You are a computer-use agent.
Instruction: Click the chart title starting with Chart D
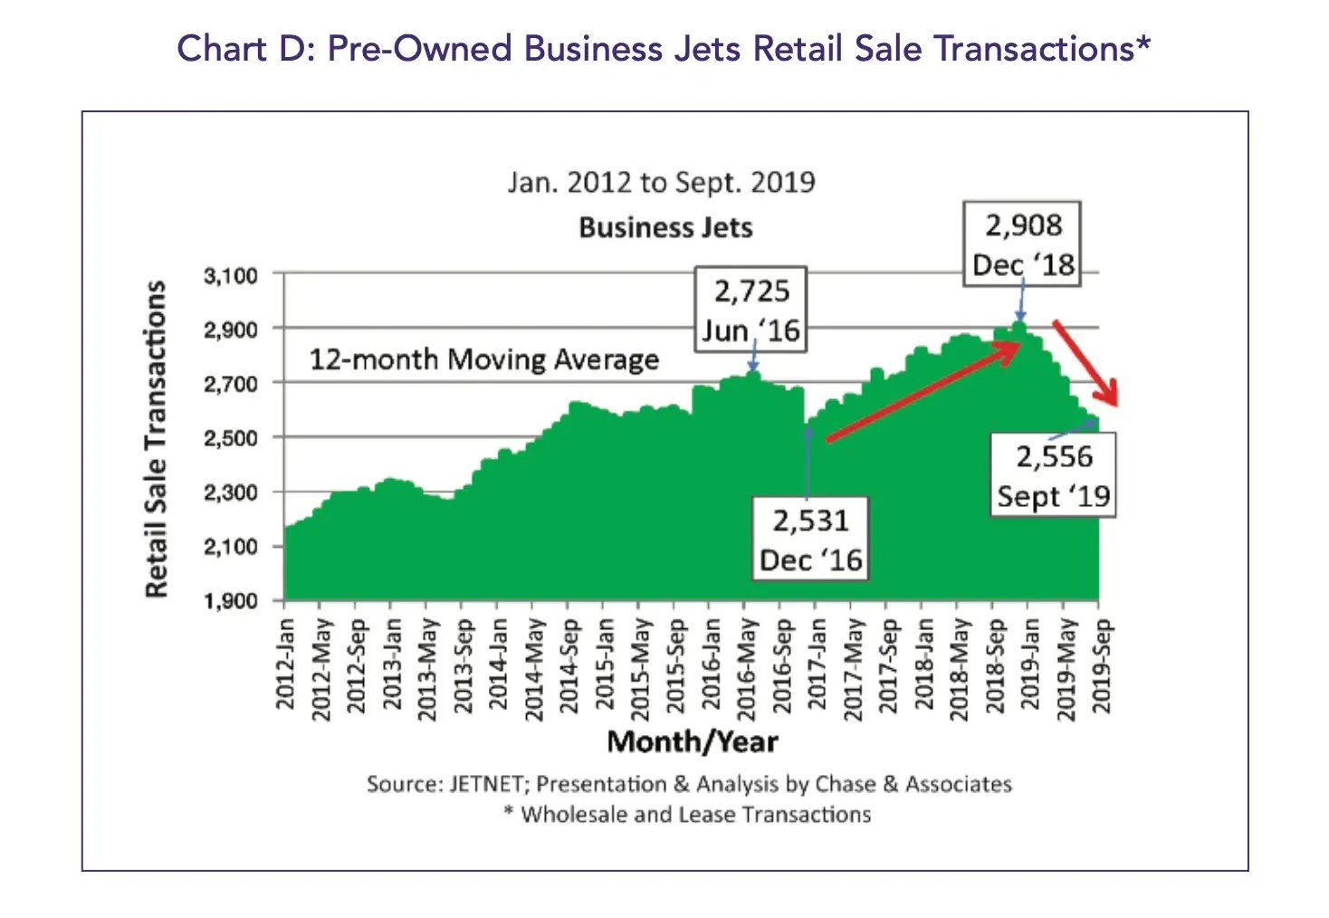pos(664,48)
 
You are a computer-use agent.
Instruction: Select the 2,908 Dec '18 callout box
pos(1022,244)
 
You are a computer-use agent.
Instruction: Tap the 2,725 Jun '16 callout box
pos(751,310)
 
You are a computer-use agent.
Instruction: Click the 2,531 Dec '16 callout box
pos(810,540)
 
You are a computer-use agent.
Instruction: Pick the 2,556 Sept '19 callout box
pos(1054,476)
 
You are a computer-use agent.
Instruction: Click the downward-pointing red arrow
pos(1085,362)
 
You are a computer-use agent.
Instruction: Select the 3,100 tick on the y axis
pos(230,275)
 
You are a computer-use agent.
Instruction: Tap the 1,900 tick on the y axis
pos(230,601)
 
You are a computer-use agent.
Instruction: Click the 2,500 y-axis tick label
pos(230,438)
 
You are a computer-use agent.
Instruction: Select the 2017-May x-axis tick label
pos(853,668)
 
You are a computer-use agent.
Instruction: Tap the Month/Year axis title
pos(693,741)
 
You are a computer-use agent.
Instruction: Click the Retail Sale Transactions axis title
pos(157,438)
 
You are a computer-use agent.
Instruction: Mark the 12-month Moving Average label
pos(483,359)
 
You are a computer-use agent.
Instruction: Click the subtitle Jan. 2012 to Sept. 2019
pos(661,182)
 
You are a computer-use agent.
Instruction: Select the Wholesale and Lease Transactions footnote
pos(688,815)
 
